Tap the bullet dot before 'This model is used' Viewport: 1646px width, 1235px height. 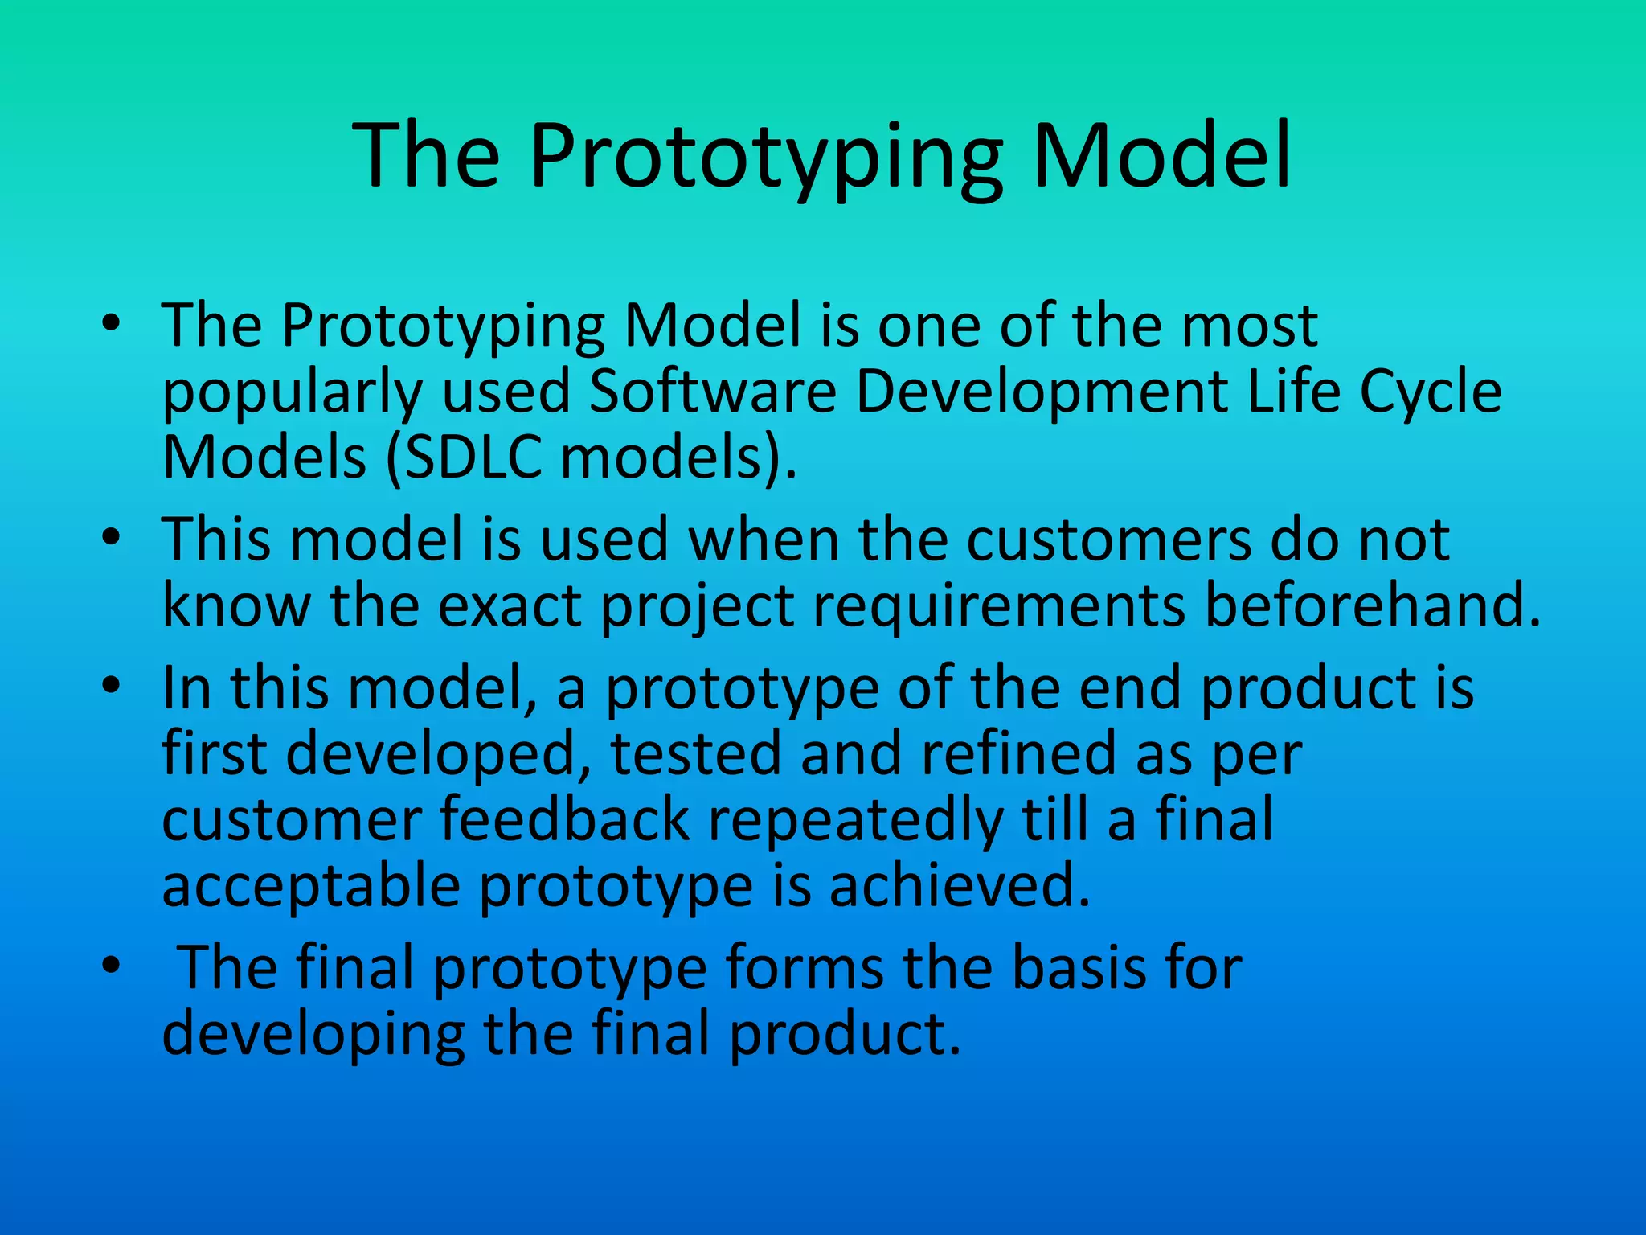coord(111,536)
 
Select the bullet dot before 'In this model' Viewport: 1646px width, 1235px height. coord(111,685)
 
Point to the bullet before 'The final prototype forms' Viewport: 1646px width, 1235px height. coord(111,964)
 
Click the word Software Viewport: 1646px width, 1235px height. coord(713,392)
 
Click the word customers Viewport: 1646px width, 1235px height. coord(1108,540)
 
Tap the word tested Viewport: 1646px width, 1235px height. coord(695,754)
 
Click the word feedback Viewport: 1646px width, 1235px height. coord(564,819)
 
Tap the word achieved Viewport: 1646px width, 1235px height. coord(959,885)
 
